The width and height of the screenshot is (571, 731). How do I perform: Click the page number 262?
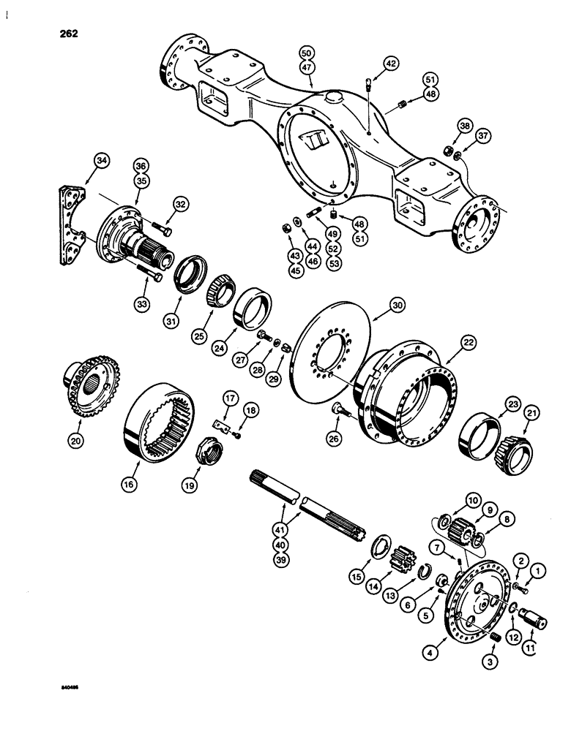(x=65, y=34)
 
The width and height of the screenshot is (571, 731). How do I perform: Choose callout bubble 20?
(x=75, y=440)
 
